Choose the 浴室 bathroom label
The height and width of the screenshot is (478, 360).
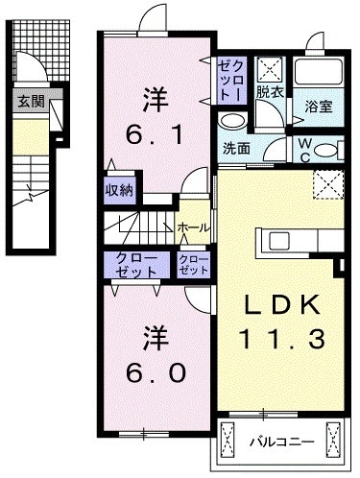click(x=319, y=107)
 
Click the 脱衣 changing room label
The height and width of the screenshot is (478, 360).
click(x=270, y=93)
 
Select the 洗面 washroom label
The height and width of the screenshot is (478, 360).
click(x=236, y=150)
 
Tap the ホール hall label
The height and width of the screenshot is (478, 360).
click(x=192, y=227)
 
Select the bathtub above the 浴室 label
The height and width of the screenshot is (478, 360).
click(x=321, y=71)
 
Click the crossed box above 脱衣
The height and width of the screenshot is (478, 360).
click(x=271, y=68)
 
